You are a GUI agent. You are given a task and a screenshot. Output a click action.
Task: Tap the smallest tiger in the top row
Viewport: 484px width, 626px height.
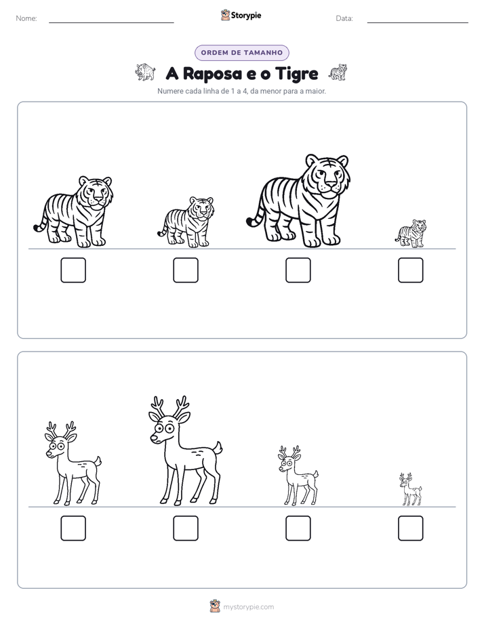coord(411,234)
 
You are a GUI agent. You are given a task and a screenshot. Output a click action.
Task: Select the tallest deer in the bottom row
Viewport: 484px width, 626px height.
coord(186,451)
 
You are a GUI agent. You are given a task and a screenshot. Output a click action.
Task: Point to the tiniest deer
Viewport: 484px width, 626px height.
coord(411,489)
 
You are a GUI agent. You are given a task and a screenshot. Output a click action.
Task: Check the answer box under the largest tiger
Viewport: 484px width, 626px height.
coord(298,270)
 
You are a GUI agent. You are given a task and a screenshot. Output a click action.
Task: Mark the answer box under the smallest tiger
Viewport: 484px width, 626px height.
coord(411,270)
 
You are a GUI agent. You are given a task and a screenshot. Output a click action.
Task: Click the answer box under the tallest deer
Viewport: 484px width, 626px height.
coord(186,528)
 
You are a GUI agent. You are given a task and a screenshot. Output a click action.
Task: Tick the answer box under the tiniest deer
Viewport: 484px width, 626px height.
coord(411,528)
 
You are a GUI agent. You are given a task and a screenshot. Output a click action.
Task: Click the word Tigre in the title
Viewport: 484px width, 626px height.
coord(297,74)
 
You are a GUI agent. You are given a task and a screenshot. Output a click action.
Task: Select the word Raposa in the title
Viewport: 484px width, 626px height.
coord(212,74)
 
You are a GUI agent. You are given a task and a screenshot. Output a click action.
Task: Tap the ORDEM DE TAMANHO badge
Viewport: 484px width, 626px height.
coord(241,53)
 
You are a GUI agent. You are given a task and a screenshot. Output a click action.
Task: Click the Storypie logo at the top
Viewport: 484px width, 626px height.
coord(241,15)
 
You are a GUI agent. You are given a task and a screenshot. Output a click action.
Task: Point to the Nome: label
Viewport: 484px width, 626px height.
coord(26,18)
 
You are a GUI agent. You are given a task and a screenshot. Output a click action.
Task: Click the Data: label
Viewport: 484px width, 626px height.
coord(344,18)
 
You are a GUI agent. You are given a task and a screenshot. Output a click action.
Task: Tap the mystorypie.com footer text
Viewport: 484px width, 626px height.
coord(248,607)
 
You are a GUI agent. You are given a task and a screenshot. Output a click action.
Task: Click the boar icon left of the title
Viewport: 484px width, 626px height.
coord(145,72)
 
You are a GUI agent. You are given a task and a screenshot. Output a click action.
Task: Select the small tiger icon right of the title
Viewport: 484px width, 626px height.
coord(338,72)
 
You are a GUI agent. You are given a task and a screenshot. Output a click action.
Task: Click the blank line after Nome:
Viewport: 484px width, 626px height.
coord(111,22)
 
